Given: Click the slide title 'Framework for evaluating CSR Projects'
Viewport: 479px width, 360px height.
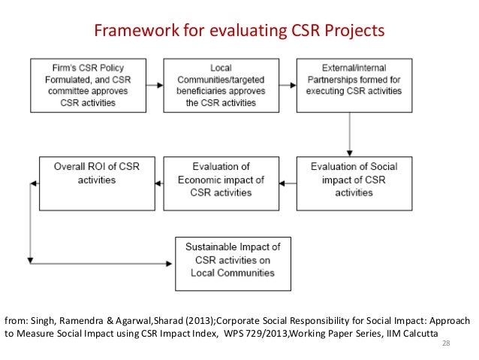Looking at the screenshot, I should click(x=238, y=31).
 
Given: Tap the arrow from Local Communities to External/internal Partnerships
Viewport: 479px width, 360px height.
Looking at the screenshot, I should click(x=285, y=84).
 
